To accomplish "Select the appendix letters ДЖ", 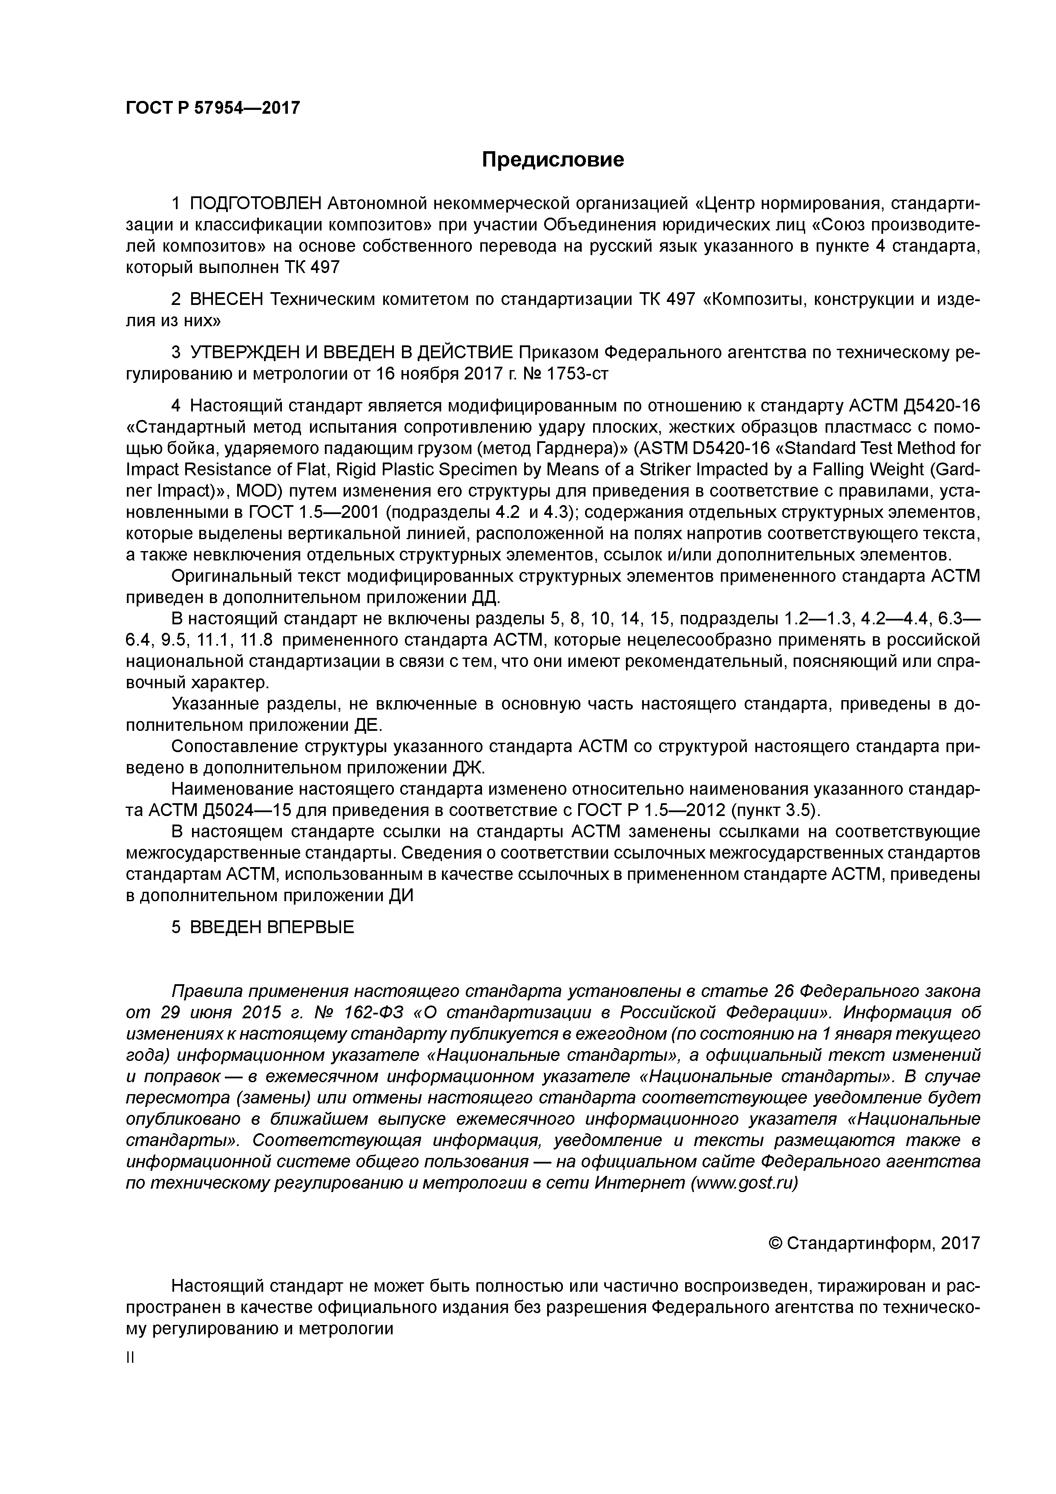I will (468, 768).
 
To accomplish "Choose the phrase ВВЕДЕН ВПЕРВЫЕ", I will (272, 927).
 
